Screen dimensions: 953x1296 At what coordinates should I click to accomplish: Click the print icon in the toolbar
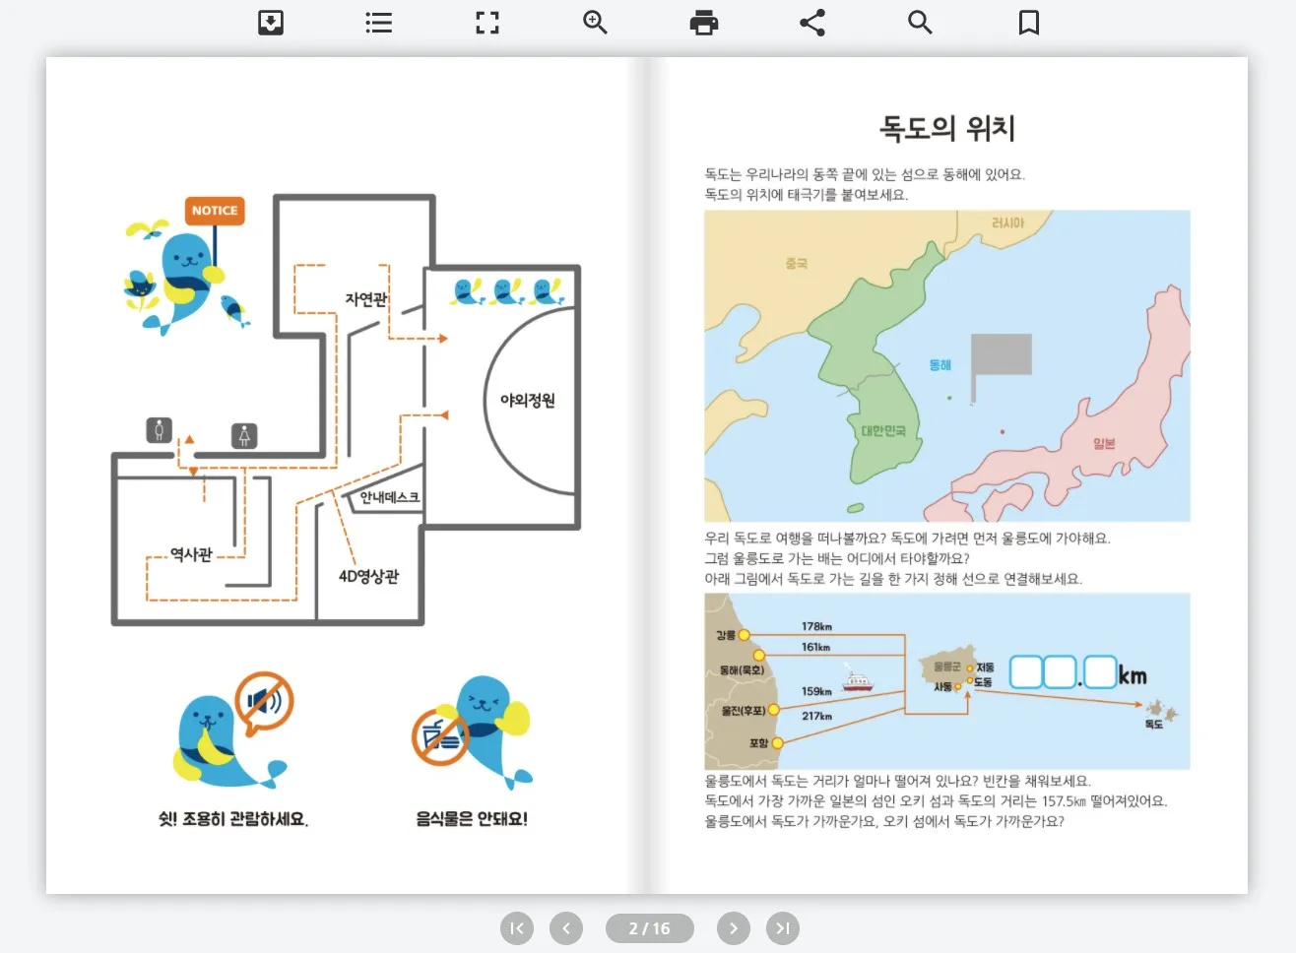point(704,23)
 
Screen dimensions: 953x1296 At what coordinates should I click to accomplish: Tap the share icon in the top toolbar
point(812,23)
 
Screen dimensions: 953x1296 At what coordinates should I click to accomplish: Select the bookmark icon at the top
point(1029,23)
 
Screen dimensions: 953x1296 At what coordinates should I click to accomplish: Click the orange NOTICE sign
point(215,211)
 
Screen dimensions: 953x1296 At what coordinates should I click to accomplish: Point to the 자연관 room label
point(365,299)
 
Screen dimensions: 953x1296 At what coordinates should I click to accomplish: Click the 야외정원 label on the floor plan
point(528,401)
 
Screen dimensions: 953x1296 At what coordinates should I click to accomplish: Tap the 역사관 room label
point(191,554)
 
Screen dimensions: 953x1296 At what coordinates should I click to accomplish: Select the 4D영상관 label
point(368,576)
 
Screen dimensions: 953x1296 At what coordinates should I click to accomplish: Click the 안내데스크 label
point(389,497)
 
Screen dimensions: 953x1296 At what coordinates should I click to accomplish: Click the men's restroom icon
point(160,430)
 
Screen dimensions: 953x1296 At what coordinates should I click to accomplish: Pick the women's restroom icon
point(244,435)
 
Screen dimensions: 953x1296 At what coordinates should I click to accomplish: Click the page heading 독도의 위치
point(946,128)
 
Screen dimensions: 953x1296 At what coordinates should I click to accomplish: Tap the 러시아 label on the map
point(1007,223)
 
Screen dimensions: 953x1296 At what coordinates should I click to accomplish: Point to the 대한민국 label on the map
point(883,431)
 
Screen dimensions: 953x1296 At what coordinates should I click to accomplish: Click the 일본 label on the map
point(1104,444)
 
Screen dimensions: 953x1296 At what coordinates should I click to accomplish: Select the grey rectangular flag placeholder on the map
point(1002,354)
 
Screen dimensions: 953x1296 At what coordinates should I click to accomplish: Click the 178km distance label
point(816,626)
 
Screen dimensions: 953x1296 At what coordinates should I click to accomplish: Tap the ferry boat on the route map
point(857,681)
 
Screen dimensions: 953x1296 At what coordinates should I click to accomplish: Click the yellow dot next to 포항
point(777,743)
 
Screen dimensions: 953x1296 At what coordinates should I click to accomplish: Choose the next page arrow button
point(734,928)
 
